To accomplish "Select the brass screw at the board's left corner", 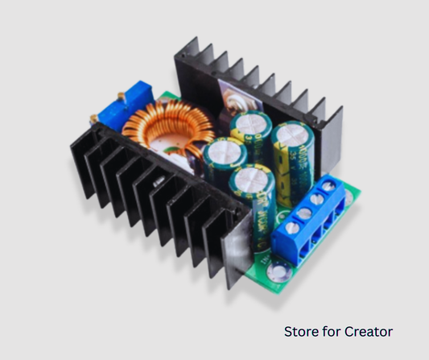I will tap(95, 119).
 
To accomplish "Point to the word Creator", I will tap(368, 331).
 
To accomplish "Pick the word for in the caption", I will tap(332, 331).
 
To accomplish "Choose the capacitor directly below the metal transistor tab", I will tap(245, 122).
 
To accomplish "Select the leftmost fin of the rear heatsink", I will tap(184, 60).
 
